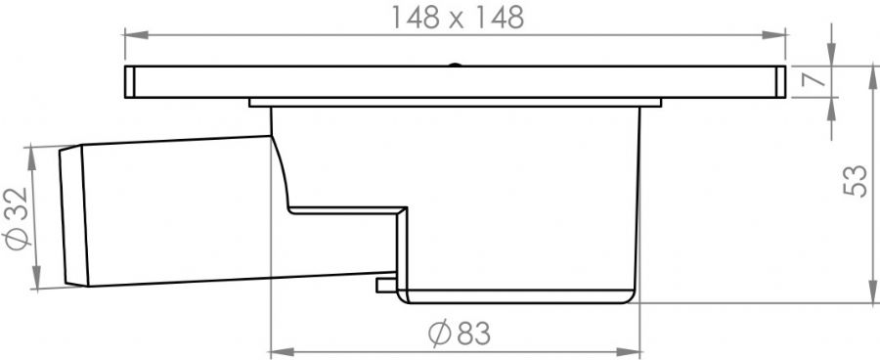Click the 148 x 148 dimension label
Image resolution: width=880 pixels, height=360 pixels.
(457, 18)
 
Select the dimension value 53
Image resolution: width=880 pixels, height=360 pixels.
(856, 180)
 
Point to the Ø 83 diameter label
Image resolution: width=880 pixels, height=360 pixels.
(459, 333)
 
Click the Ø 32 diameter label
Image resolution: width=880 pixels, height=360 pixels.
(17, 218)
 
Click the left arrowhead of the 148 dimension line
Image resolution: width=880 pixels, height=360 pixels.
(136, 35)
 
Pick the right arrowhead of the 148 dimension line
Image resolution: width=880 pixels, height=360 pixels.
(774, 35)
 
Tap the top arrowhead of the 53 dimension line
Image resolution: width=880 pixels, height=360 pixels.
(873, 77)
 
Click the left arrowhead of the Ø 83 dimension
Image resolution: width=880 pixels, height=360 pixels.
(283, 352)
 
